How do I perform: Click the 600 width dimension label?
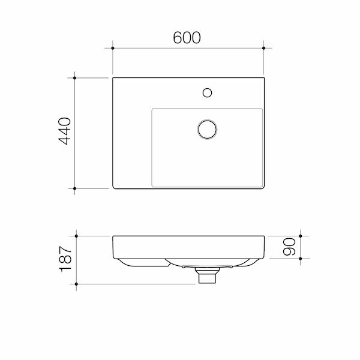[x=187, y=37]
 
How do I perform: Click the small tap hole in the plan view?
[x=207, y=92]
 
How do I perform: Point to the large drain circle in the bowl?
[x=207, y=129]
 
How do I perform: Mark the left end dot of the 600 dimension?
[x=112, y=47]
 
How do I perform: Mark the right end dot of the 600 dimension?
[x=264, y=47]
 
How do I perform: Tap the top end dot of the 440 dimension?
[x=74, y=77]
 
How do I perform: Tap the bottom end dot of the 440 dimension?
[x=74, y=188]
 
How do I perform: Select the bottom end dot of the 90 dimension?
[x=300, y=259]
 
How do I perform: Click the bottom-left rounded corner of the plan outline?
[x=115, y=187]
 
